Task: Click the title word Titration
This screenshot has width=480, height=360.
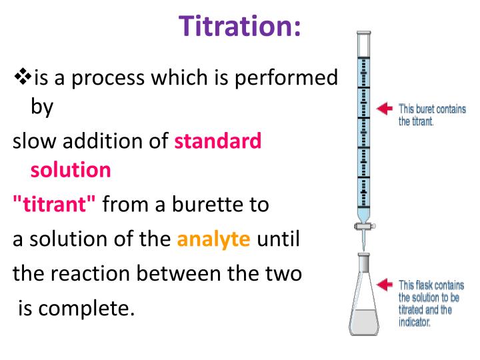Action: tap(241, 26)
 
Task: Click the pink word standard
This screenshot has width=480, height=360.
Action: tap(218, 141)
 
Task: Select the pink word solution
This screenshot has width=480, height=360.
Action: tap(71, 170)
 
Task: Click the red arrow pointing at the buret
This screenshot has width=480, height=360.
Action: tap(385, 108)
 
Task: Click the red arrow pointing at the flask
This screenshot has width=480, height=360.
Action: tap(385, 285)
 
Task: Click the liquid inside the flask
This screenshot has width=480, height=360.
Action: tap(364, 321)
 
